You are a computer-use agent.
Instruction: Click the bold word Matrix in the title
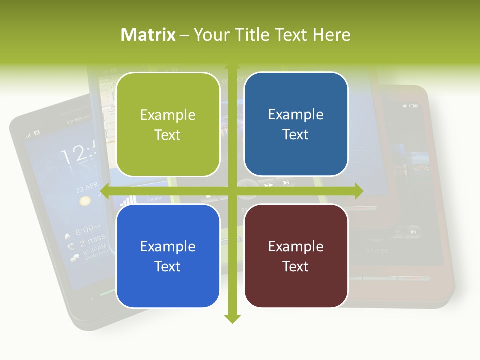(148, 35)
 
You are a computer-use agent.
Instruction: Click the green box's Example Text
(168, 125)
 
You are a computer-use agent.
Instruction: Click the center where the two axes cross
(232, 191)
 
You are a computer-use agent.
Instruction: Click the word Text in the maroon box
(296, 266)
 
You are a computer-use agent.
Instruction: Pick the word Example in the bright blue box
(168, 246)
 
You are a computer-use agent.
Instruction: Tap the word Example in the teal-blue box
(296, 114)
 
